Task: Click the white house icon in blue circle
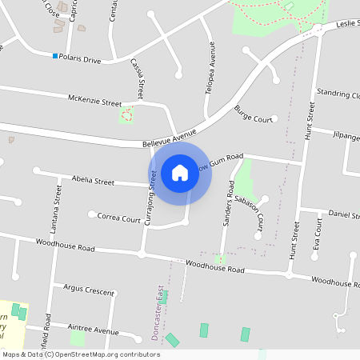180,172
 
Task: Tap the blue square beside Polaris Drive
55,56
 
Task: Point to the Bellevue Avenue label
164,138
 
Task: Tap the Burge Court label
254,114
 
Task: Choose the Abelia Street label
93,181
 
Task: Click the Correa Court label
118,216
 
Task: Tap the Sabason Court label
254,214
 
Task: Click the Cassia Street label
138,78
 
